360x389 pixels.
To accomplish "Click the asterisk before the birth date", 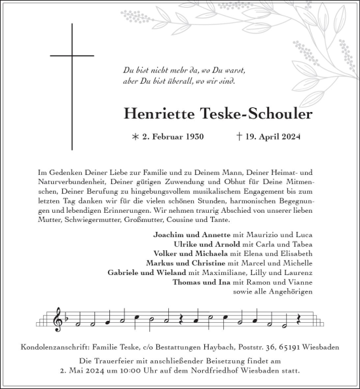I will click(x=135, y=138).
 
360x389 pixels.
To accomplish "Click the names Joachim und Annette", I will click(x=191, y=234).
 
